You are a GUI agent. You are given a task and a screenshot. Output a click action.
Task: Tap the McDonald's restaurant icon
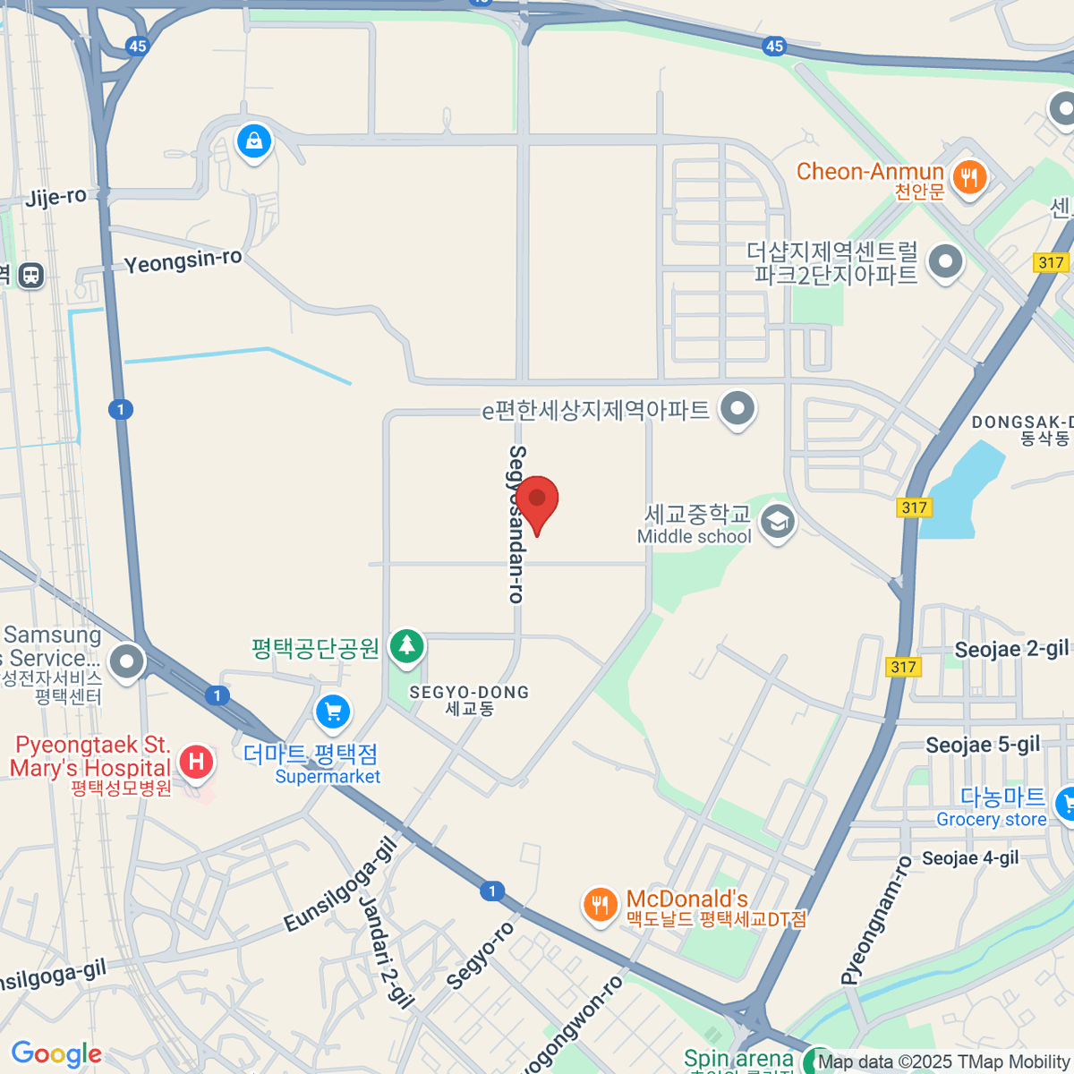pyautogui.click(x=600, y=905)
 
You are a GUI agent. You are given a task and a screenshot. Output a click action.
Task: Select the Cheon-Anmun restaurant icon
pyautogui.click(x=968, y=176)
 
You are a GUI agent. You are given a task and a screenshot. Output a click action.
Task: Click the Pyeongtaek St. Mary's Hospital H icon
pyautogui.click(x=196, y=763)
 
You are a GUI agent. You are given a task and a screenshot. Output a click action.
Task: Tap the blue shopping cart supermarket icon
pyautogui.click(x=333, y=712)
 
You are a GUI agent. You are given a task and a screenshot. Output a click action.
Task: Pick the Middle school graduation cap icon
pyautogui.click(x=777, y=522)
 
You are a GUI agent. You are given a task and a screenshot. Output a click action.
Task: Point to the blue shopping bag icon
pyautogui.click(x=254, y=141)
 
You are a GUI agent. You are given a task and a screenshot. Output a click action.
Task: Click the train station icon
pyautogui.click(x=31, y=275)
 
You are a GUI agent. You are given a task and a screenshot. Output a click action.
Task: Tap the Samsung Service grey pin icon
pyautogui.click(x=126, y=663)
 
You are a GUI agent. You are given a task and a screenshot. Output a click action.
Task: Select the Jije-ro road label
pyautogui.click(x=55, y=197)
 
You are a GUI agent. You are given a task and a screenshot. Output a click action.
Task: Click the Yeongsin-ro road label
pyautogui.click(x=183, y=261)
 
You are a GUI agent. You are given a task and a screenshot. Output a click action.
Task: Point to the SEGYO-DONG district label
pyautogui.click(x=469, y=699)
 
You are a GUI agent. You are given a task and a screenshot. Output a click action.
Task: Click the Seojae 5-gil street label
pyautogui.click(x=983, y=745)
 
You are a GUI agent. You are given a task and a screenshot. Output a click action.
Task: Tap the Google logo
pyautogui.click(x=56, y=1053)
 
